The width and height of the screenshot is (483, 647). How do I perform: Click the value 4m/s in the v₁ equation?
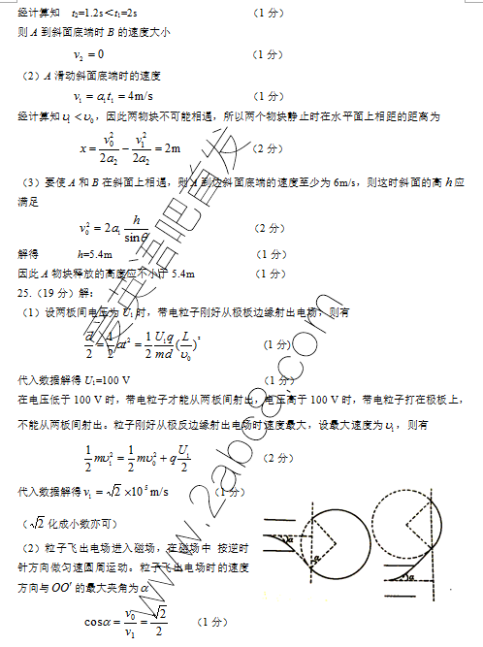[x=132, y=96]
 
